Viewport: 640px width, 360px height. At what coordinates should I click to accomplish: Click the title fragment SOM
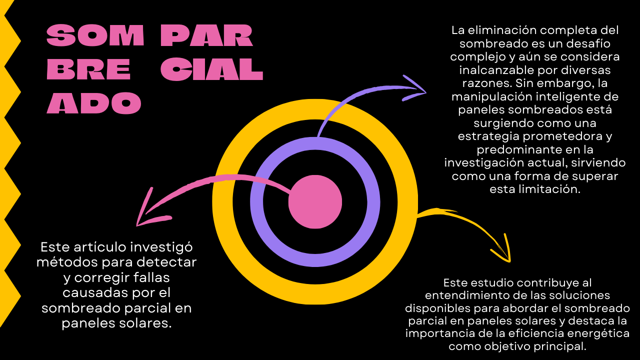(95, 36)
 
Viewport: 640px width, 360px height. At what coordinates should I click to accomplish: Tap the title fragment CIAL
(212, 70)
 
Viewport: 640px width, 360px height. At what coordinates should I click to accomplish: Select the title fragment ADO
(94, 103)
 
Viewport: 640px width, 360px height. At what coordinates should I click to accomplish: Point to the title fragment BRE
(88, 70)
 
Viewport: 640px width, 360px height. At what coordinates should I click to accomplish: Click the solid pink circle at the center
(315, 202)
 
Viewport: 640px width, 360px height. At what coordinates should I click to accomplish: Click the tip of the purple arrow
(425, 92)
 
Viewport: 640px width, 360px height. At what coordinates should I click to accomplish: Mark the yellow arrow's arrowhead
(509, 260)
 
